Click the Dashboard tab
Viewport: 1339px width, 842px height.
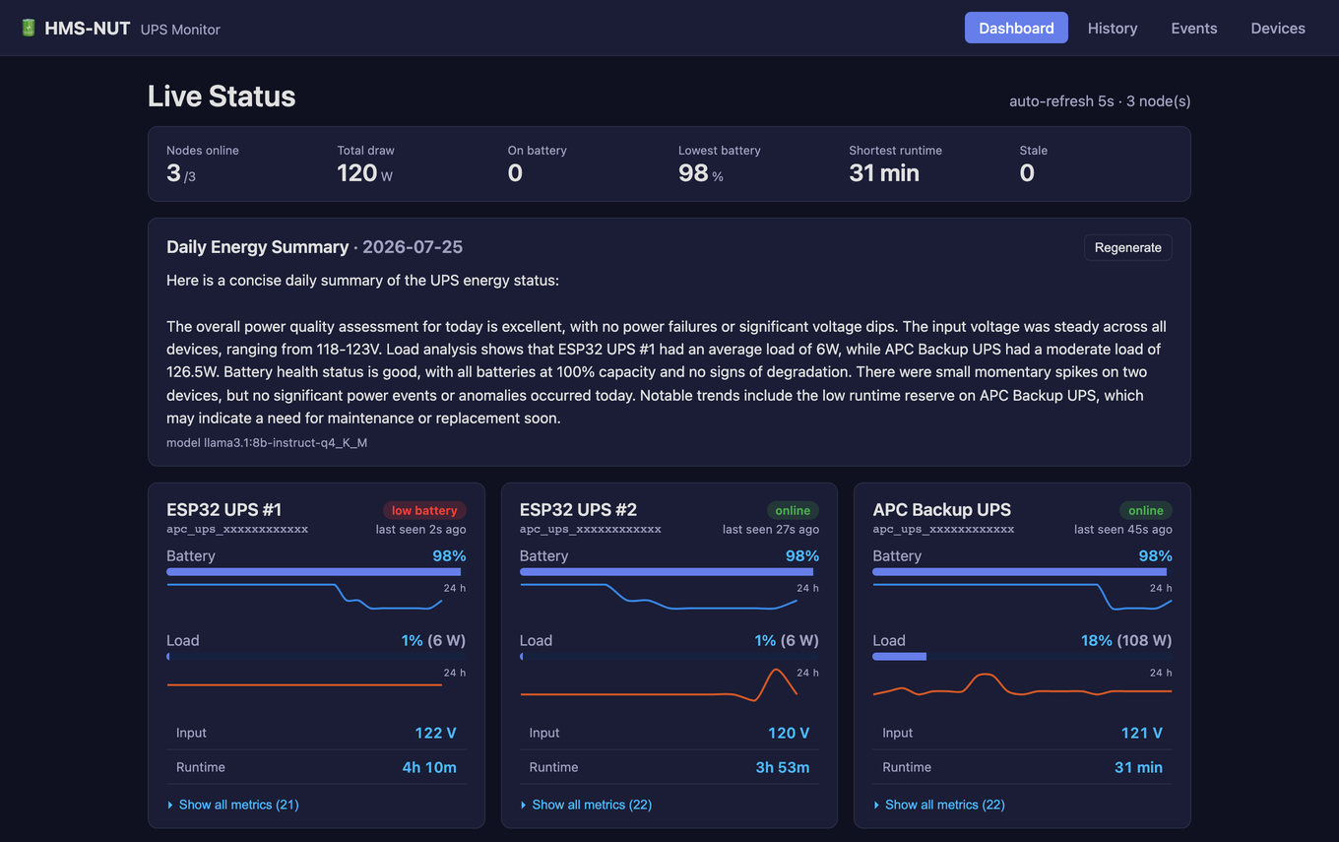1016,29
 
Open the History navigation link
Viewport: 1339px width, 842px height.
1112,29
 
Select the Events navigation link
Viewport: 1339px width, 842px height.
1193,29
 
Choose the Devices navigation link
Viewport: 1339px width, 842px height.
1277,29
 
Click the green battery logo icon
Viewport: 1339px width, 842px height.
29,28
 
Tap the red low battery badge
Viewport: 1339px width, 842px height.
424,510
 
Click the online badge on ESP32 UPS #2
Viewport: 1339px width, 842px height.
793,510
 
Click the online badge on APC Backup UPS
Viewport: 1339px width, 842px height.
1145,510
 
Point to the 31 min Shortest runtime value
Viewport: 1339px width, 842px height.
884,172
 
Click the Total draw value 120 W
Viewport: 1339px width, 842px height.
364,172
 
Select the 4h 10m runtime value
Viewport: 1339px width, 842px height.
429,767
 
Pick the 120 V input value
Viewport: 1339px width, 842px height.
789,733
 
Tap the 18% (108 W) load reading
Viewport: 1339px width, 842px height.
1126,640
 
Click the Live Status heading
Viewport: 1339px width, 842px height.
222,97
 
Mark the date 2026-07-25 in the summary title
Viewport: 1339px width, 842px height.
413,247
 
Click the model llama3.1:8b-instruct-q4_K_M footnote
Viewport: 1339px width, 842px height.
267,442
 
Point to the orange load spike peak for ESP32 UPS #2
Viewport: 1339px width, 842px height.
776,670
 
